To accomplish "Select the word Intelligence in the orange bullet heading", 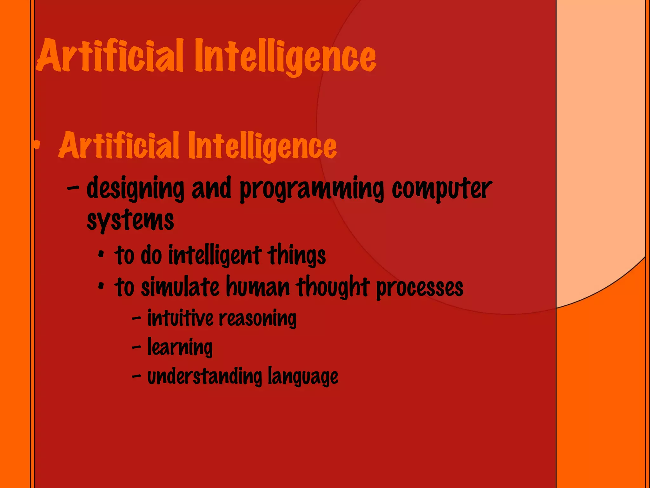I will (x=262, y=146).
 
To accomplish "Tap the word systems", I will (x=130, y=220).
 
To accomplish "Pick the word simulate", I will (x=180, y=287).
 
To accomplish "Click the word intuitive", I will (x=180, y=318).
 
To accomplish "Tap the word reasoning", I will (x=257, y=319).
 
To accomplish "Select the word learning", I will (x=180, y=347).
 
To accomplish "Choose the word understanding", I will (x=205, y=376).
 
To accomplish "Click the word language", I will (x=303, y=377).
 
